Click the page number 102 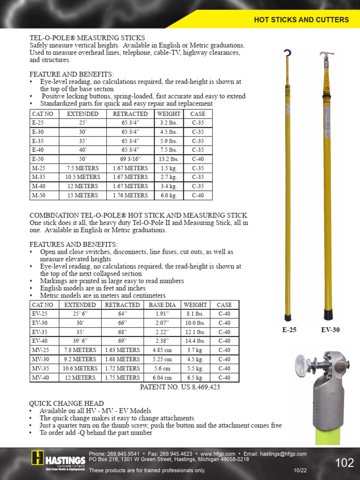(x=345, y=463)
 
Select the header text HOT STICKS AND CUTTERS (x=301, y=20)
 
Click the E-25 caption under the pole (x=289, y=330)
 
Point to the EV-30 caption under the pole (x=330, y=330)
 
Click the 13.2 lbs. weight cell (x=169, y=159)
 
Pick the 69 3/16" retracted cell (x=130, y=159)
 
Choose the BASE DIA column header (x=163, y=305)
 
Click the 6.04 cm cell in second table (x=163, y=378)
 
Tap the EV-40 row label (x=40, y=341)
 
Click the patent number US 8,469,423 (x=180, y=387)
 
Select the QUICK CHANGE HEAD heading (x=67, y=404)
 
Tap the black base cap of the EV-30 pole (x=328, y=315)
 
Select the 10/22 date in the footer (x=300, y=470)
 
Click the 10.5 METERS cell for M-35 (x=83, y=177)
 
